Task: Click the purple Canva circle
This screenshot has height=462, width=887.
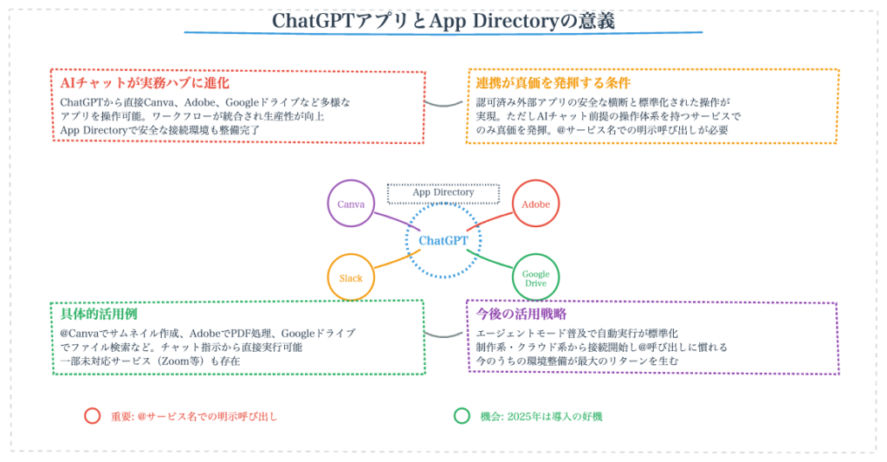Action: tap(351, 204)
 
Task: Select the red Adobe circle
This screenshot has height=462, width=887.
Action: tap(536, 204)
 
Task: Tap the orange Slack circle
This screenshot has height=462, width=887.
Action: tap(351, 278)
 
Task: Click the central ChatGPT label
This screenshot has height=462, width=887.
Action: tap(443, 240)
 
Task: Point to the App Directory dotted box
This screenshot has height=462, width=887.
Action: tap(443, 192)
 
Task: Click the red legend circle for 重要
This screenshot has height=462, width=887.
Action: tap(92, 415)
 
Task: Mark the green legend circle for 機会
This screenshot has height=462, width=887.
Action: tap(462, 415)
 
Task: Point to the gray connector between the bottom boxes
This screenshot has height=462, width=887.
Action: tap(445, 333)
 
